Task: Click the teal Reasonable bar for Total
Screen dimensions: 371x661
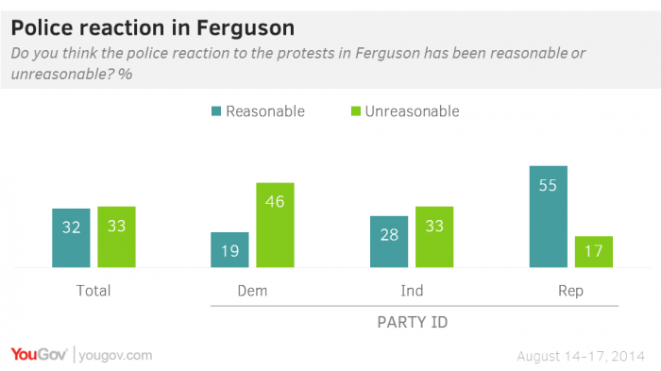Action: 71,238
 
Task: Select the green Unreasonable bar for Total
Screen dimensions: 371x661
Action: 116,237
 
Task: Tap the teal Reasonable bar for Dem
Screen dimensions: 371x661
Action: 229,250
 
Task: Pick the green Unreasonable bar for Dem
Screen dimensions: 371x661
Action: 275,225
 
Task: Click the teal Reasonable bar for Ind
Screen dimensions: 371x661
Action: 388,242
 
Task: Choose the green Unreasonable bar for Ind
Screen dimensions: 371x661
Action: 433,237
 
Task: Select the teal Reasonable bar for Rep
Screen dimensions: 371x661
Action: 548,216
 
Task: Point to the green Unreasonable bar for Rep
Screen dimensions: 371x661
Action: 593,252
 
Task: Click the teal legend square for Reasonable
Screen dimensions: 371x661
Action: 216,111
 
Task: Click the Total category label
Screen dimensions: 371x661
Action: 93,291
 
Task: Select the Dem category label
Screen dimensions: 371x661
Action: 252,291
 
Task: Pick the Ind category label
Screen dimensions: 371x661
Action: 411,291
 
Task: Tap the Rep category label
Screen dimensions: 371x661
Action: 570,291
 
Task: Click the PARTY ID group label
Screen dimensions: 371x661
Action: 412,322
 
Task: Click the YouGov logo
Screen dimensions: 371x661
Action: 38,355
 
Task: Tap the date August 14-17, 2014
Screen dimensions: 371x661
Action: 581,355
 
